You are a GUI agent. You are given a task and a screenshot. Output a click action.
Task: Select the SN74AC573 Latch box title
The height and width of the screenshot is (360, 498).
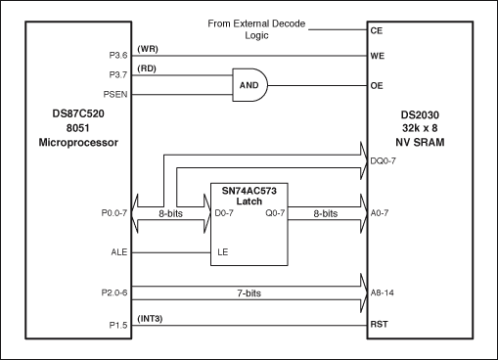point(251,194)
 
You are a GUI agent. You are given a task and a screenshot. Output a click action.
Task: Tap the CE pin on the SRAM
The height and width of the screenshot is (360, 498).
point(377,30)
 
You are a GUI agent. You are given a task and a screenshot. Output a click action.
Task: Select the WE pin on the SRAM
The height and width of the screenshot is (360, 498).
point(377,57)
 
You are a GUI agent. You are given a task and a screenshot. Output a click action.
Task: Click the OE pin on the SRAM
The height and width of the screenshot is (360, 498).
point(377,86)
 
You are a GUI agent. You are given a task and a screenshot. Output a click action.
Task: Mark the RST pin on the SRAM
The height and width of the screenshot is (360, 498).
point(379,324)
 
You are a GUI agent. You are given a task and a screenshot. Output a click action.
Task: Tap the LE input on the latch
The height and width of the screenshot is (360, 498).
point(223,252)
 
